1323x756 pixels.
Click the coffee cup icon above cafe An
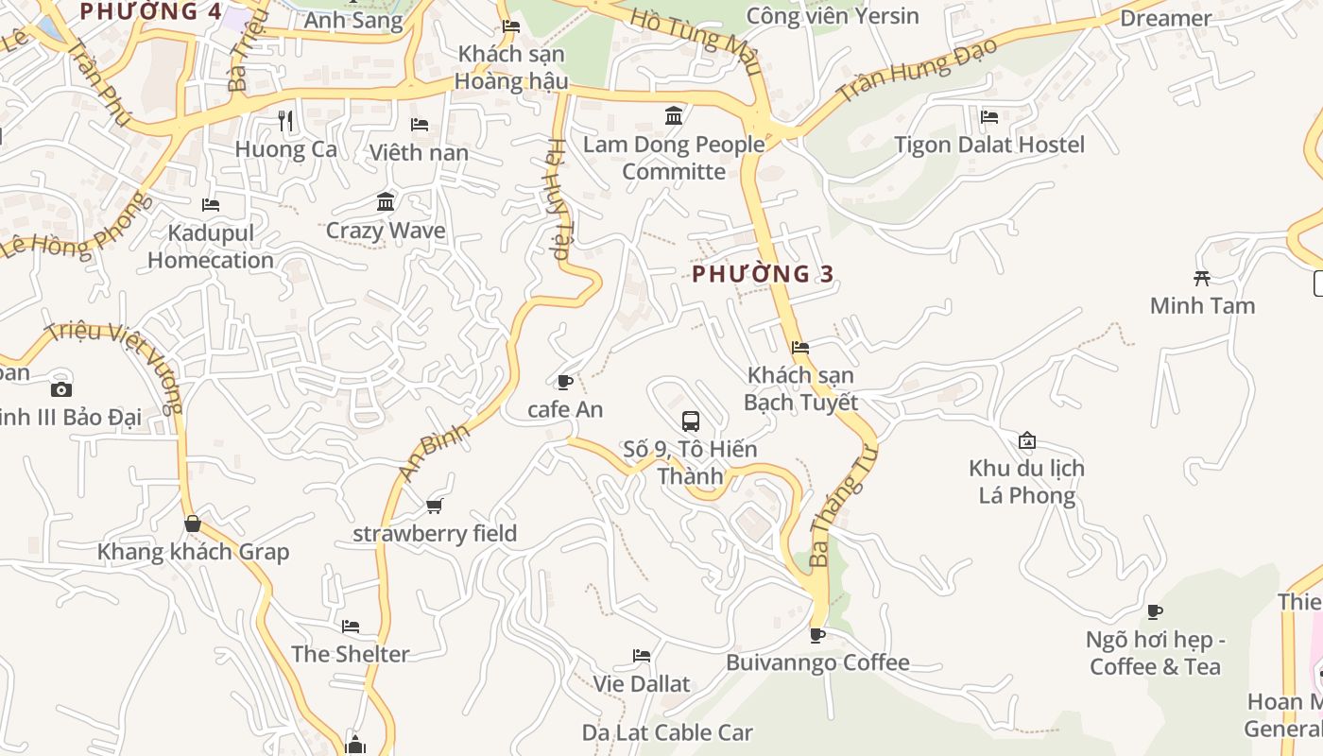565,382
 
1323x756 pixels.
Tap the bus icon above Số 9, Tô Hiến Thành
691,421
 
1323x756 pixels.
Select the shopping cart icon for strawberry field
435,507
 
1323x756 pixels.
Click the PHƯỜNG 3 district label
764,274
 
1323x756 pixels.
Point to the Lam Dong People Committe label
674,158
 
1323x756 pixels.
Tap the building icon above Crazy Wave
386,201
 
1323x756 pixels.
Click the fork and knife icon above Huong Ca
285,121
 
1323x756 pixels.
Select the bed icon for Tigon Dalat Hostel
989,117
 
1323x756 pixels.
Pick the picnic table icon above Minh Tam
1202,278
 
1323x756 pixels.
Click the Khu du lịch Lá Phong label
1027,482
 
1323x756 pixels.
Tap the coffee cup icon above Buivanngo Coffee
817,635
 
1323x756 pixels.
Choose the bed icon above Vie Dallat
642,656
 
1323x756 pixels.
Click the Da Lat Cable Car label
667,732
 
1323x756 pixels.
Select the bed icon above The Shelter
351,626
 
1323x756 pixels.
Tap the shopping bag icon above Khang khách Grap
193,524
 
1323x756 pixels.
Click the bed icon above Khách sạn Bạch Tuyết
800,347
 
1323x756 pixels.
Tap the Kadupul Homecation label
211,247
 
